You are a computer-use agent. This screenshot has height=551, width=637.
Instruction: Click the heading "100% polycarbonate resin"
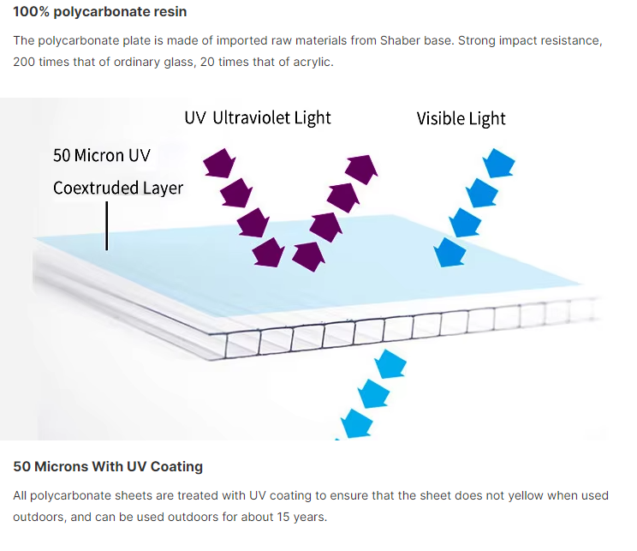(100, 12)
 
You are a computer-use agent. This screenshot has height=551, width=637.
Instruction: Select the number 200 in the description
(24, 62)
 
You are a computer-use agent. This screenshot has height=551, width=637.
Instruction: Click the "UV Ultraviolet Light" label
(258, 118)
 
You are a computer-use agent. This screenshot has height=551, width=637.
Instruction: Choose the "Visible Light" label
(461, 119)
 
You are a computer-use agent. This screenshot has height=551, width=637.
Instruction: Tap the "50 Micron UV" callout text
(102, 155)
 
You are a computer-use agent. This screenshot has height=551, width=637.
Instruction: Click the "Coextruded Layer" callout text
(118, 188)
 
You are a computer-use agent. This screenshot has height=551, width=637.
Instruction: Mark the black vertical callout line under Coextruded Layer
(107, 225)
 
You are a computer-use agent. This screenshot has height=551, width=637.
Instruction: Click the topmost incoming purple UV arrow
(219, 163)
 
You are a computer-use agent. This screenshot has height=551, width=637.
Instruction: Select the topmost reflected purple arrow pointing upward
(361, 169)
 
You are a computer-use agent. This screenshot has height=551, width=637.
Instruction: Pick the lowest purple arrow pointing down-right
(268, 253)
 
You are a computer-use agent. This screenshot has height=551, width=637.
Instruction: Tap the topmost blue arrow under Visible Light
(499, 163)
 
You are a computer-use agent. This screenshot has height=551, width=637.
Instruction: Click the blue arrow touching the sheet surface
(449, 253)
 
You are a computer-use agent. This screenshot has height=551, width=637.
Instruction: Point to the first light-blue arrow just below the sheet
(390, 364)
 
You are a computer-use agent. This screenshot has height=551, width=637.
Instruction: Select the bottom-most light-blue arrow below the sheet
(357, 424)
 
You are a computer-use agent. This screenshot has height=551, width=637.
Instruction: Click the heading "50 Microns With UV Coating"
(108, 466)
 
